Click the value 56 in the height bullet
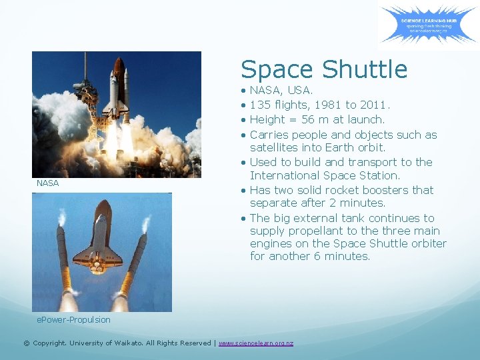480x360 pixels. point(308,119)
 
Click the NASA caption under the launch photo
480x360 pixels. point(47,183)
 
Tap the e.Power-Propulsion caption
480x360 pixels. point(73,319)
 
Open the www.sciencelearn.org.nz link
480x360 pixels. point(255,343)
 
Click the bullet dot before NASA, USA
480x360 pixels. point(244,90)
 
